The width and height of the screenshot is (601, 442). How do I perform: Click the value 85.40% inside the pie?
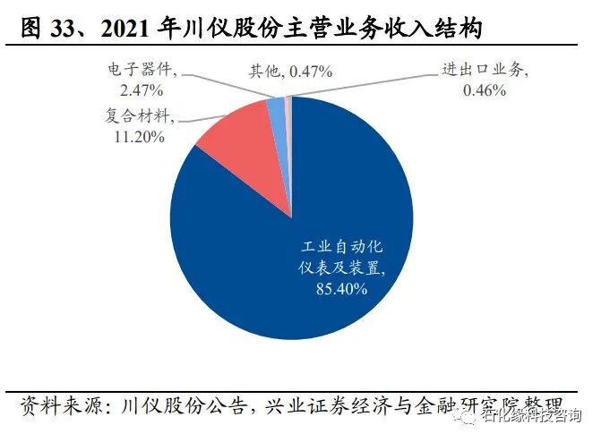tap(336, 289)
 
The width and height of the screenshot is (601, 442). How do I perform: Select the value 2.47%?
tap(137, 89)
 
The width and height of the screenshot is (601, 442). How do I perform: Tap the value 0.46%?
tap(485, 89)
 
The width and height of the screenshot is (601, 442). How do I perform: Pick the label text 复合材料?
tap(134, 117)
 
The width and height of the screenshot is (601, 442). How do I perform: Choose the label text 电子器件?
tap(134, 70)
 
